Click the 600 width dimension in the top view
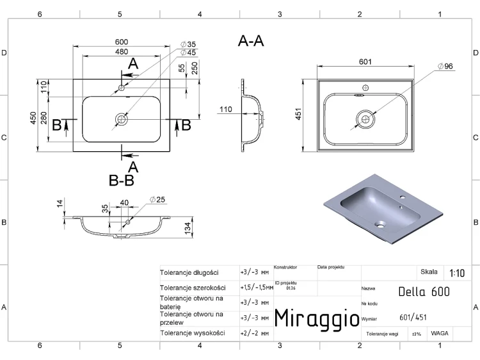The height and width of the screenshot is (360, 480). pyautogui.click(x=122, y=42)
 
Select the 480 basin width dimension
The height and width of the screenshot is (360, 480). pyautogui.click(x=122, y=52)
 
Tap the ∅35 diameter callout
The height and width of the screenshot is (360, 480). pyautogui.click(x=188, y=44)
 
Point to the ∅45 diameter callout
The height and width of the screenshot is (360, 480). pyautogui.click(x=188, y=53)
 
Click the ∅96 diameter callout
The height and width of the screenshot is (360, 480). pyautogui.click(x=445, y=66)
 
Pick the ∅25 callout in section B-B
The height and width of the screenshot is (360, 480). pyautogui.click(x=157, y=200)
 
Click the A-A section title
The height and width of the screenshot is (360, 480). pyautogui.click(x=251, y=41)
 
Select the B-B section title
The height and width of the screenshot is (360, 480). pyautogui.click(x=122, y=181)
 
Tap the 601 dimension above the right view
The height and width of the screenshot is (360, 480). pyautogui.click(x=365, y=62)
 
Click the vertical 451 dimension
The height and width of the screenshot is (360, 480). pyautogui.click(x=298, y=113)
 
